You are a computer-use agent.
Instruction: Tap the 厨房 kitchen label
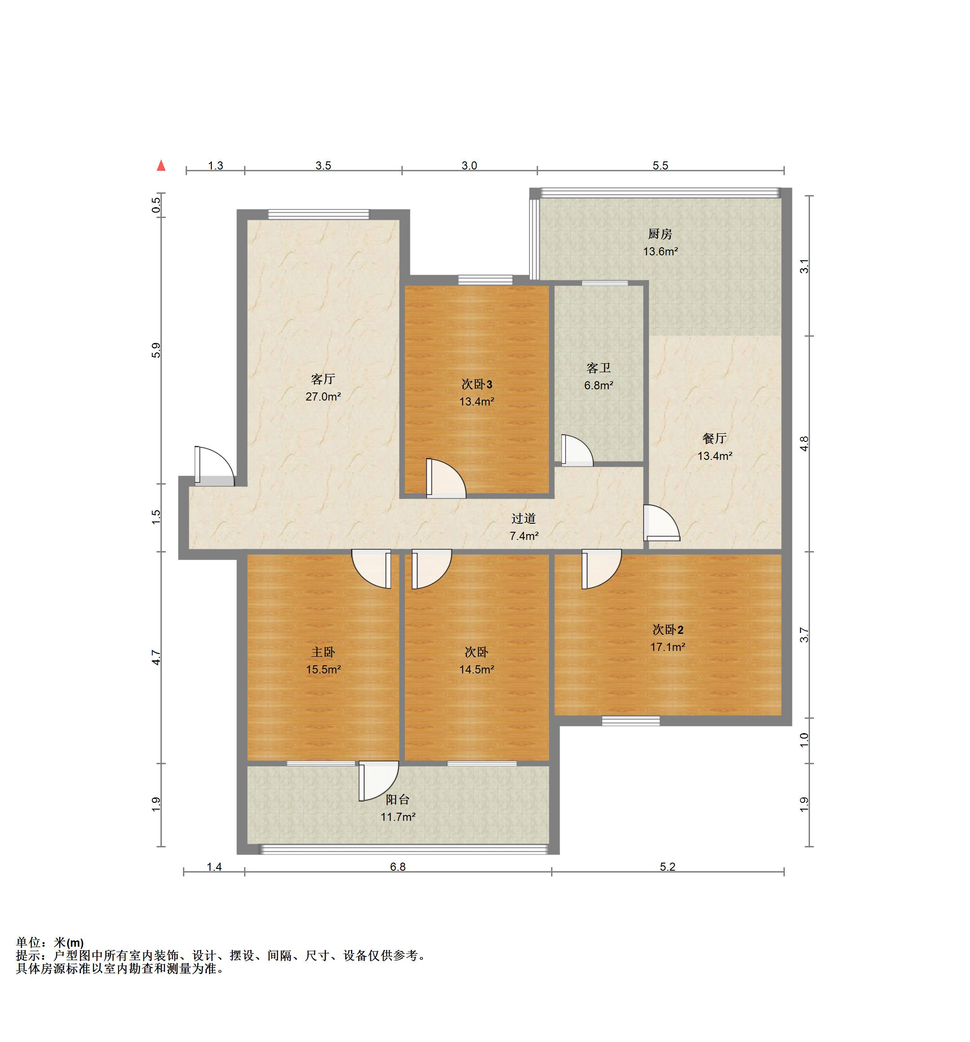[660, 234]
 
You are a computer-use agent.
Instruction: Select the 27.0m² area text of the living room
[323, 397]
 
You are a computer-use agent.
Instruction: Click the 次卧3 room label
[476, 384]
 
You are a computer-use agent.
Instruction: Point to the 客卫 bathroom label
[598, 368]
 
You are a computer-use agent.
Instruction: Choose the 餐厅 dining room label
[714, 438]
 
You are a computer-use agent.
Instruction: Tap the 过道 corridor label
[524, 518]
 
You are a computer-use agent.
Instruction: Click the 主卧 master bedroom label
[323, 652]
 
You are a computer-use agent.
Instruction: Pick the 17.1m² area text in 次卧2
[667, 647]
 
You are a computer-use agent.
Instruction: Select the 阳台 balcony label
[397, 799]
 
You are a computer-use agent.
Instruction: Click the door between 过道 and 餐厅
[661, 522]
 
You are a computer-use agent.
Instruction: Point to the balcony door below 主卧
[378, 781]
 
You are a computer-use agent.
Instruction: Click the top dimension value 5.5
[660, 165]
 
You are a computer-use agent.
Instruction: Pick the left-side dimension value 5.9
[156, 350]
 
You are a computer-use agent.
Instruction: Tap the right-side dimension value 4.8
[804, 443]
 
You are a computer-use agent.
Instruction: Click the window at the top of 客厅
[319, 214]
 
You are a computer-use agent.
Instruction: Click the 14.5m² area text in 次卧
[476, 669]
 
